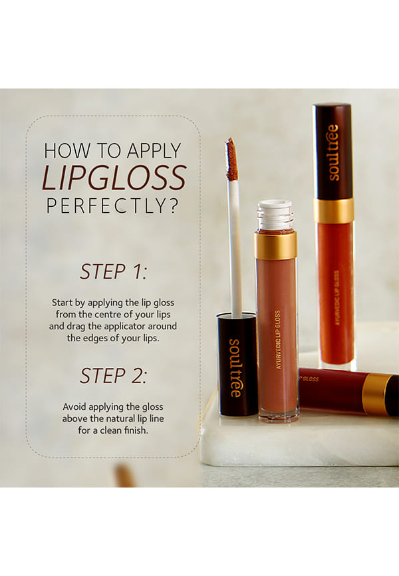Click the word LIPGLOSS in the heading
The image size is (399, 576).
click(x=114, y=178)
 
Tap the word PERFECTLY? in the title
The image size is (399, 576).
click(x=112, y=206)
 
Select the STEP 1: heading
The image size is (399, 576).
click(x=114, y=271)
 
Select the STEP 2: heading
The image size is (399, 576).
click(x=114, y=375)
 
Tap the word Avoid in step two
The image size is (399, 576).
click(x=74, y=406)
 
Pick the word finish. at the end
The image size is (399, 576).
click(x=136, y=430)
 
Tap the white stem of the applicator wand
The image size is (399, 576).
click(x=235, y=248)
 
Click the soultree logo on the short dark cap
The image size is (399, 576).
click(x=235, y=368)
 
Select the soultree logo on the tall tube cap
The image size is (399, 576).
click(x=333, y=152)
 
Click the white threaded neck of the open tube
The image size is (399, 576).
click(x=275, y=216)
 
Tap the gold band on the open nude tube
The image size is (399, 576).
click(x=275, y=245)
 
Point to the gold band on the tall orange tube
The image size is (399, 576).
click(x=334, y=211)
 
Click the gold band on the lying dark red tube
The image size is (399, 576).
click(x=376, y=394)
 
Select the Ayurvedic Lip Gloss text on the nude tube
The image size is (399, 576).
click(x=278, y=340)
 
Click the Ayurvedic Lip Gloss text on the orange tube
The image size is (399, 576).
click(x=337, y=297)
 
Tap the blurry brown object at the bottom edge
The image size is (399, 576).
click(x=125, y=476)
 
